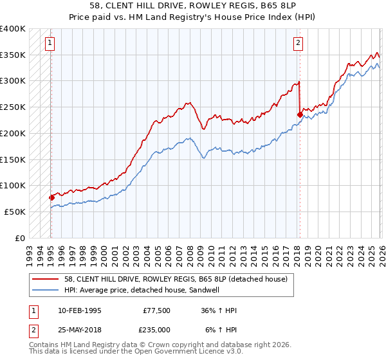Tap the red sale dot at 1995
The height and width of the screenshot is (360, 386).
point(51,197)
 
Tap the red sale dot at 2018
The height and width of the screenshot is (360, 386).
point(300,114)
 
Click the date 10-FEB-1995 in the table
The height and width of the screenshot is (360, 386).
point(79,310)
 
